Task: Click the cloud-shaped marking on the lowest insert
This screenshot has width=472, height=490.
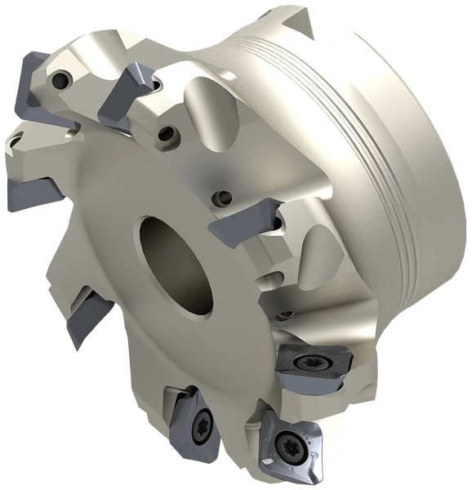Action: click(314, 451)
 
